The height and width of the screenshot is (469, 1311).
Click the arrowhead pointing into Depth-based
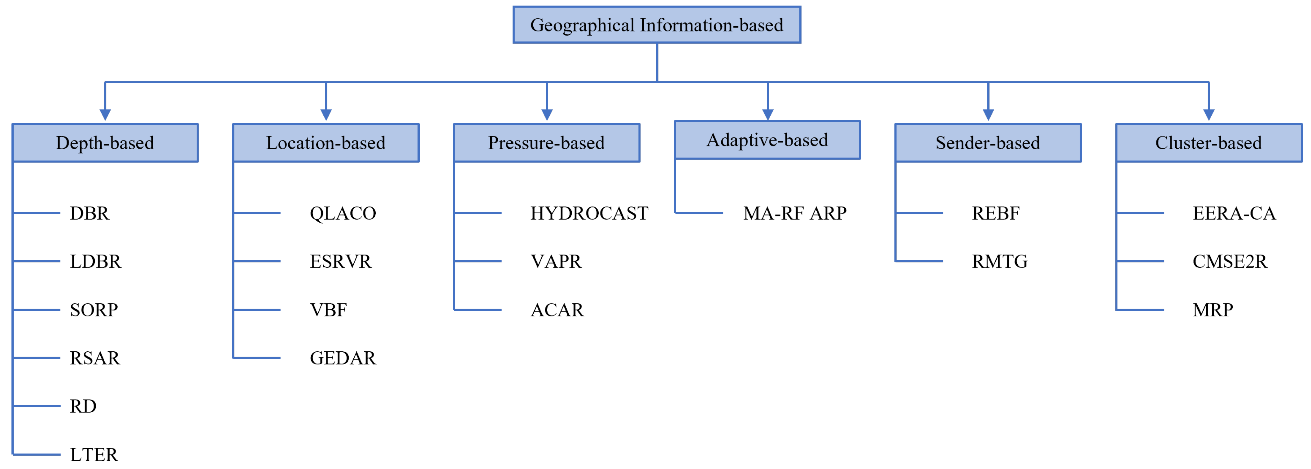[105, 115]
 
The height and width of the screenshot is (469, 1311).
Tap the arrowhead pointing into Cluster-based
[1209, 115]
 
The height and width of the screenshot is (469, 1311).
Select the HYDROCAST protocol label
[589, 213]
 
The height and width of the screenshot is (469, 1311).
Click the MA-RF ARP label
[794, 213]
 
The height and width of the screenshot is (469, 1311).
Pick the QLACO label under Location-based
[343, 213]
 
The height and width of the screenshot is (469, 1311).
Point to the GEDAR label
[343, 358]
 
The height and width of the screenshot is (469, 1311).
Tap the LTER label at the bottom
[94, 454]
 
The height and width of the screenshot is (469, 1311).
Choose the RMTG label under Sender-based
[999, 262]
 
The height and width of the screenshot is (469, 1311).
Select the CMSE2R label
[1230, 262]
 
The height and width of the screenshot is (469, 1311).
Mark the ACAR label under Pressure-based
[557, 310]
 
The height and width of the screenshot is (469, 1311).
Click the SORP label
[94, 310]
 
